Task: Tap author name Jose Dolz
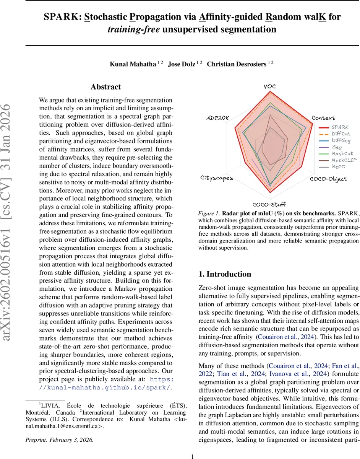(x=182, y=64)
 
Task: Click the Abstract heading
(x=105, y=87)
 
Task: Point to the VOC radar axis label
(x=270, y=86)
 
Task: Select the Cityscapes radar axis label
(x=217, y=178)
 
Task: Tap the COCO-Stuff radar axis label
(x=269, y=205)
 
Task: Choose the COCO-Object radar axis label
(x=328, y=179)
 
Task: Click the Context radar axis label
(x=323, y=118)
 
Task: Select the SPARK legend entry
(x=340, y=127)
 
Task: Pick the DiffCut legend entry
(x=341, y=134)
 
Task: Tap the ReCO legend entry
(x=338, y=166)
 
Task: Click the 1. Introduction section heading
(x=225, y=274)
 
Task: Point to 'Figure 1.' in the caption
(x=209, y=213)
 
